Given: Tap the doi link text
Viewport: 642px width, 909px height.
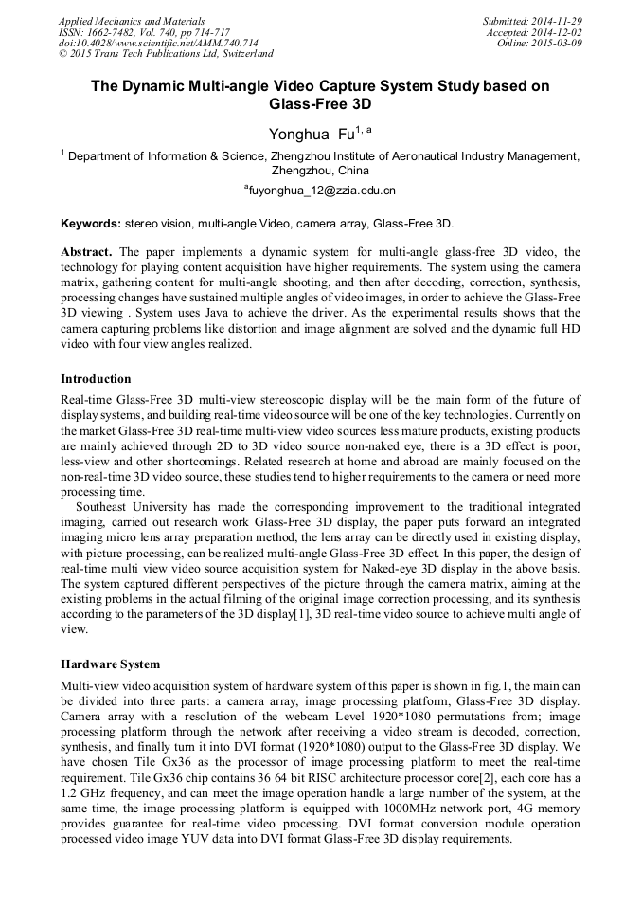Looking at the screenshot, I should pos(158,44).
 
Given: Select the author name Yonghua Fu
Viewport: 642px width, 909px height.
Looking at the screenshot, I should pos(312,135).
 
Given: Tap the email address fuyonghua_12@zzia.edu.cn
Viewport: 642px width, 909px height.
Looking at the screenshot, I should pos(321,191).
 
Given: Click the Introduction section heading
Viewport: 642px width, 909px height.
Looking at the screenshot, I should pos(96,379).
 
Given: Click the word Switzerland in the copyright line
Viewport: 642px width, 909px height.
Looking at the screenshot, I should pos(241,55).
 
